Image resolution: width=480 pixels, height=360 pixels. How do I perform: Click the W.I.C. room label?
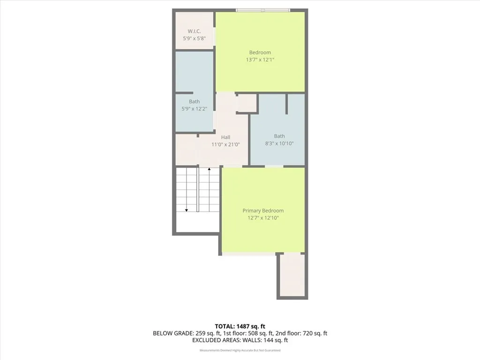(194, 31)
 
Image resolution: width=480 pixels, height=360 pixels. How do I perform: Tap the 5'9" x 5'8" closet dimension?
(194, 38)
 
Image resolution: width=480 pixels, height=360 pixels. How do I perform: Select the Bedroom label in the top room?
(260, 52)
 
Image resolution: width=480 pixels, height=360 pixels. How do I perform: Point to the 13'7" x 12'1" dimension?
(260, 60)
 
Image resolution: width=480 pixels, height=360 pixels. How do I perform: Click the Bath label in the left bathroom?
(194, 101)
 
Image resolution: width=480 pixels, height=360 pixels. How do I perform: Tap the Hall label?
(225, 137)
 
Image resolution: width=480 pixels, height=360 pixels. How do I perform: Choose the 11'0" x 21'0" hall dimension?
(225, 144)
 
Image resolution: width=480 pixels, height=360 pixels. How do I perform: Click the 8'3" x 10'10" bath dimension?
(279, 143)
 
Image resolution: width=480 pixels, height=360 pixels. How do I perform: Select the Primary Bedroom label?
(263, 211)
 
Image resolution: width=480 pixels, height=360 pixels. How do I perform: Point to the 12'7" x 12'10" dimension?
(263, 218)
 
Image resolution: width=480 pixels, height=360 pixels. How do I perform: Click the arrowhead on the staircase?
(187, 210)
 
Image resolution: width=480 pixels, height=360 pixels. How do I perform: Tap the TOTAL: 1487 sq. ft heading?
(240, 326)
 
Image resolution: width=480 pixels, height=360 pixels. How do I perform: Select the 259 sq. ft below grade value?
(197, 333)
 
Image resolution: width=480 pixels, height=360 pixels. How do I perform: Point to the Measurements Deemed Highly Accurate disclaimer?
(240, 350)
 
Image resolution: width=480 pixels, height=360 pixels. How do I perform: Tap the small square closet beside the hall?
(247, 103)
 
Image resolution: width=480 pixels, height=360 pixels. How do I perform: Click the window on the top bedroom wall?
(263, 10)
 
